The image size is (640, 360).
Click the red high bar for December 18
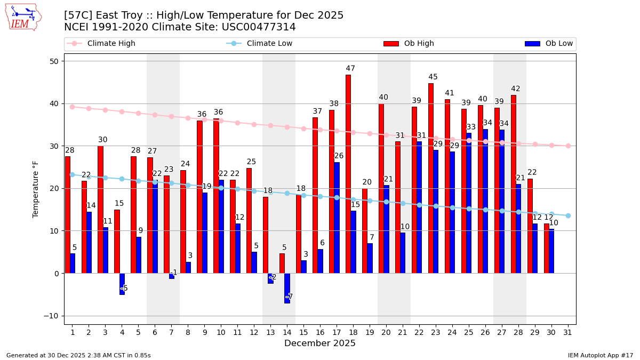[x=348, y=174]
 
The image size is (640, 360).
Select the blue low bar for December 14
[x=287, y=288]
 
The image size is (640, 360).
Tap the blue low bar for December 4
[x=122, y=284]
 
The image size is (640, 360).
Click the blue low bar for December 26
[x=485, y=201]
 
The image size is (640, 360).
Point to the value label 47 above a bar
[x=350, y=69]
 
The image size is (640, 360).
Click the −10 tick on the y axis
[x=54, y=316]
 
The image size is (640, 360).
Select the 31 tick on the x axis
[x=568, y=332]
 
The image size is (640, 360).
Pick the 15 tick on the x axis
[x=303, y=332]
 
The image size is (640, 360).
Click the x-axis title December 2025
[x=320, y=343]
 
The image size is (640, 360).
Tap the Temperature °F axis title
[x=36, y=189]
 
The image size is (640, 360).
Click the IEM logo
[x=23, y=17]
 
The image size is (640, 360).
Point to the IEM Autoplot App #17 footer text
[x=601, y=355]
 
